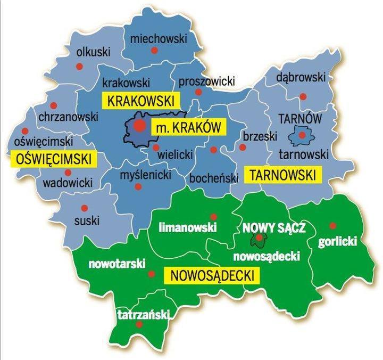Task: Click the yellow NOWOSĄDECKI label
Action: [x=211, y=275]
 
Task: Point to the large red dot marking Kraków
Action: [x=139, y=126]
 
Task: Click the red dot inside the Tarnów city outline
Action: [x=302, y=135]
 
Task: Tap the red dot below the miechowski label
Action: [x=154, y=51]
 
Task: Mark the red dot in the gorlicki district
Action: [x=333, y=225]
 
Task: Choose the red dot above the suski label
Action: [x=83, y=208]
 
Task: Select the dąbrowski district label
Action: [x=301, y=78]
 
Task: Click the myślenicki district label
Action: [x=138, y=175]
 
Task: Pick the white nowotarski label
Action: [x=115, y=264]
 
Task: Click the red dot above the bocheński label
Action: [x=213, y=150]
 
